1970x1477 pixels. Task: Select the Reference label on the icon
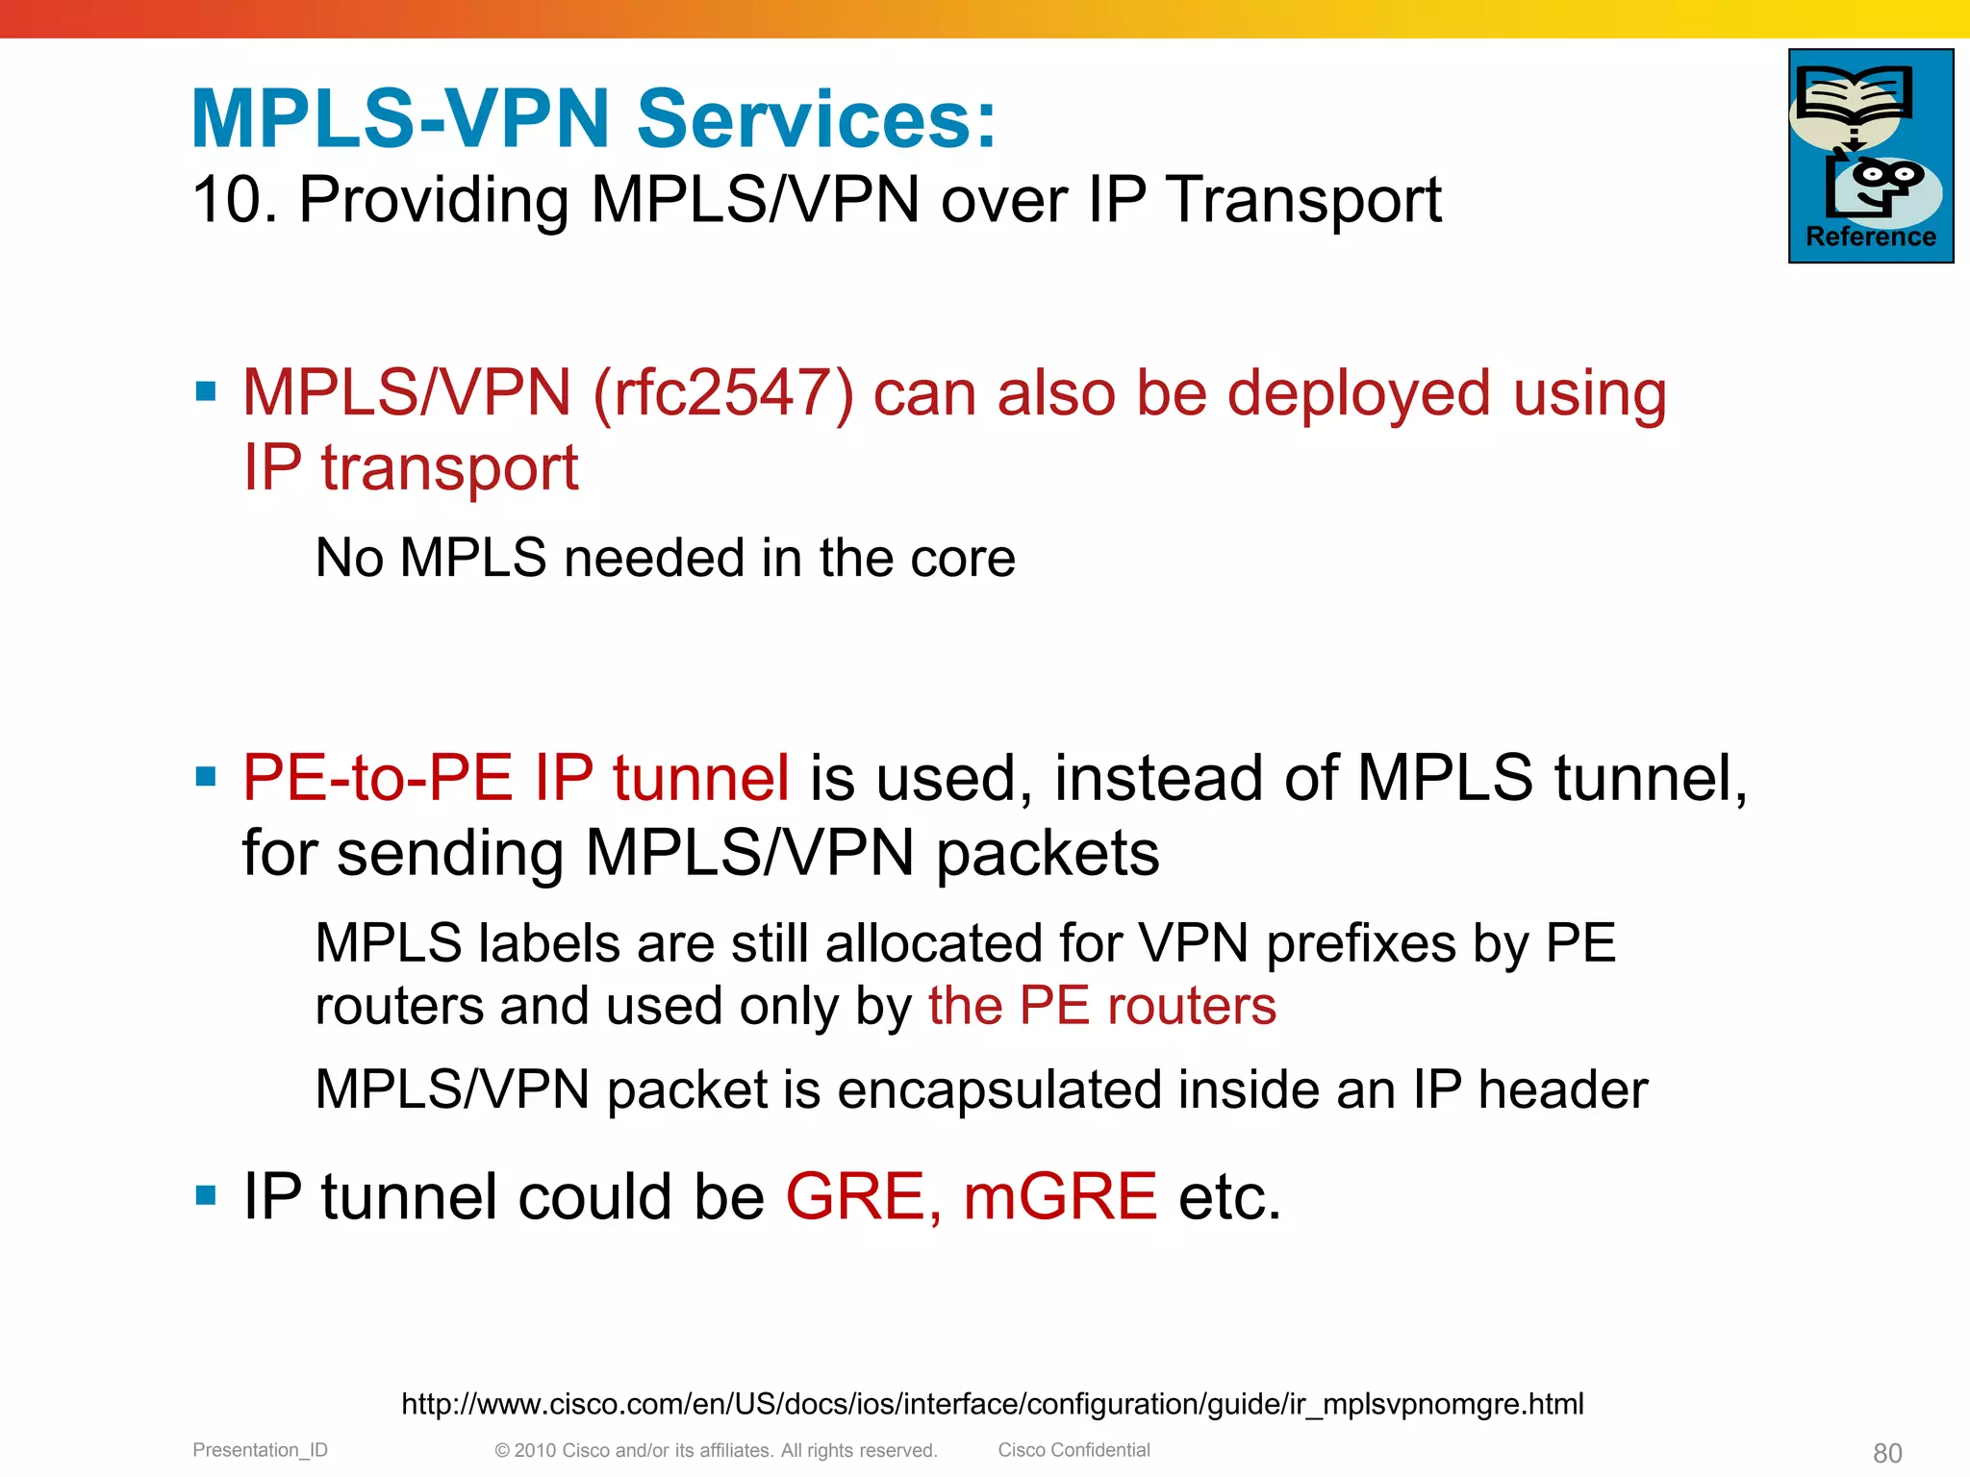1871,237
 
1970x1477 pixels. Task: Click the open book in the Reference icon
1853,95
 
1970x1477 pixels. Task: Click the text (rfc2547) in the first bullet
722,393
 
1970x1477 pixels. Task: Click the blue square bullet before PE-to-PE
205,776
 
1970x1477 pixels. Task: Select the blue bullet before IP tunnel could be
205,1195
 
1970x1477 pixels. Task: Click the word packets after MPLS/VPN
1048,853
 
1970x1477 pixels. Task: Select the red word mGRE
1060,1197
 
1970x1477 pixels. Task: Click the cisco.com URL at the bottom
992,1404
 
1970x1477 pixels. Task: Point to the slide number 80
1887,1453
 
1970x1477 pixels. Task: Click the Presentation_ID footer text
260,1450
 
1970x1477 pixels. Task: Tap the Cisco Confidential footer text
1073,1450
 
